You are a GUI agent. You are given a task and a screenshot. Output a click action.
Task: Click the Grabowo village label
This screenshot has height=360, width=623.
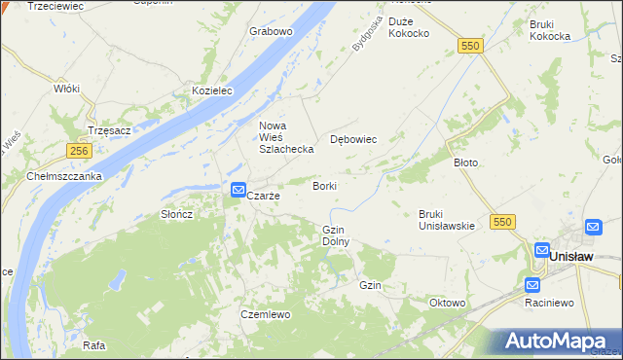pos(271,31)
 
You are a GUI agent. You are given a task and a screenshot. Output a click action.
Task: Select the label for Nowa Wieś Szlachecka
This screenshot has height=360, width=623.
pos(285,137)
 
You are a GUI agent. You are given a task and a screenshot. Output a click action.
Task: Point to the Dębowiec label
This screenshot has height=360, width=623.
pos(353,139)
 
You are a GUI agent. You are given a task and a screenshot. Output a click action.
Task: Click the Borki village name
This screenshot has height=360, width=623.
pos(325,185)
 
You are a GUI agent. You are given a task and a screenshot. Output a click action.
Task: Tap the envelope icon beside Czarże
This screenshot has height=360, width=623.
pos(238,191)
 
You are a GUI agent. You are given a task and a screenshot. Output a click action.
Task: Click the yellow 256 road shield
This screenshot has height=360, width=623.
pos(80,151)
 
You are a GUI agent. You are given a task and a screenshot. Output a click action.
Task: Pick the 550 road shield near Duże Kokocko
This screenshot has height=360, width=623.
pos(471,46)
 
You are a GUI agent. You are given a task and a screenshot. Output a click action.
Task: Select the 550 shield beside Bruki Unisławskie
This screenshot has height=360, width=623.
pos(502,223)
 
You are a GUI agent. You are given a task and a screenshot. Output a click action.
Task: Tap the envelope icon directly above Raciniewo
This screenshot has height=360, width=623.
pos(532,285)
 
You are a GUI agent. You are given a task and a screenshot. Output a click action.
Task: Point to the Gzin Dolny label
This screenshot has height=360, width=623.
pos(335,234)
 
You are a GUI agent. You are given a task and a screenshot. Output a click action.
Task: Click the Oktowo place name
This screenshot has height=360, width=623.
pos(447,303)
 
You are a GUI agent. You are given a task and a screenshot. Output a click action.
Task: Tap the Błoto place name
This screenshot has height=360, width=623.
pos(466,162)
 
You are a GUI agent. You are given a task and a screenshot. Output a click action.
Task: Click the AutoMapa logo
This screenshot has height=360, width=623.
pos(557,342)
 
